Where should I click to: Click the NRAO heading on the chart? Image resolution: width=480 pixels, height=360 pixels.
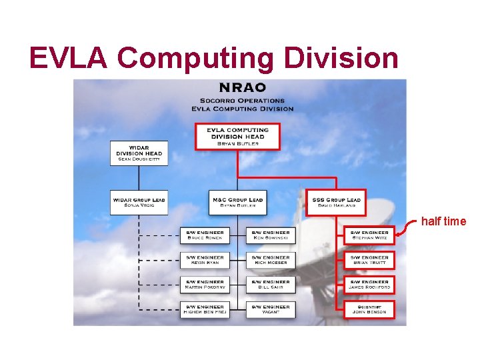click(x=243, y=87)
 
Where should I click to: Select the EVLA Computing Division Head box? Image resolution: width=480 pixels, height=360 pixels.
click(x=238, y=136)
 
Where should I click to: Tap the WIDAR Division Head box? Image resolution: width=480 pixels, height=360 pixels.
click(x=139, y=153)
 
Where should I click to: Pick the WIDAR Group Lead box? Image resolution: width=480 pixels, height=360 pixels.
click(x=139, y=203)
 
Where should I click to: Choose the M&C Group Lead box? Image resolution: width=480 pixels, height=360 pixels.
click(x=238, y=203)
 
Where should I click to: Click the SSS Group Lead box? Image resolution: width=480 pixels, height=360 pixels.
click(x=336, y=203)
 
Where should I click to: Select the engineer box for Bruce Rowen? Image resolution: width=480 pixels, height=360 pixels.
click(x=205, y=235)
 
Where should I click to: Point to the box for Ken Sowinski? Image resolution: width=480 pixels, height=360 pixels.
click(x=271, y=235)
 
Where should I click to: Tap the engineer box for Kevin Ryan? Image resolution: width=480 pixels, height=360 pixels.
click(x=205, y=259)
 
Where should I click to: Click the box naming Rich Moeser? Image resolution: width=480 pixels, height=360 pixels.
click(x=271, y=259)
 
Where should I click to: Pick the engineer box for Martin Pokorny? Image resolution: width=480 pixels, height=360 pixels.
click(x=205, y=285)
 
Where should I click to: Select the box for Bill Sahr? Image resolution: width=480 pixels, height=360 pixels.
click(x=271, y=285)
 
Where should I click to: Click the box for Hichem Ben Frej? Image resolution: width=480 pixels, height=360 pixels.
click(x=205, y=309)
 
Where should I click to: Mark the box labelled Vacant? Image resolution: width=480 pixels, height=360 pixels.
click(x=271, y=309)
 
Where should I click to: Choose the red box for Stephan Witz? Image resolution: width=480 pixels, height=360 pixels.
click(x=369, y=235)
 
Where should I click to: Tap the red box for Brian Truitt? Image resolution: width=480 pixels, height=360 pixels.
click(x=369, y=259)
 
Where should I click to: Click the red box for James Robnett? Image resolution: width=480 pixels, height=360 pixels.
click(x=369, y=285)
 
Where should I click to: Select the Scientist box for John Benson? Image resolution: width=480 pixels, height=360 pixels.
click(x=369, y=309)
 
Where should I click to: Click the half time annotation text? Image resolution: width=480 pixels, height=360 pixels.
click(x=443, y=221)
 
